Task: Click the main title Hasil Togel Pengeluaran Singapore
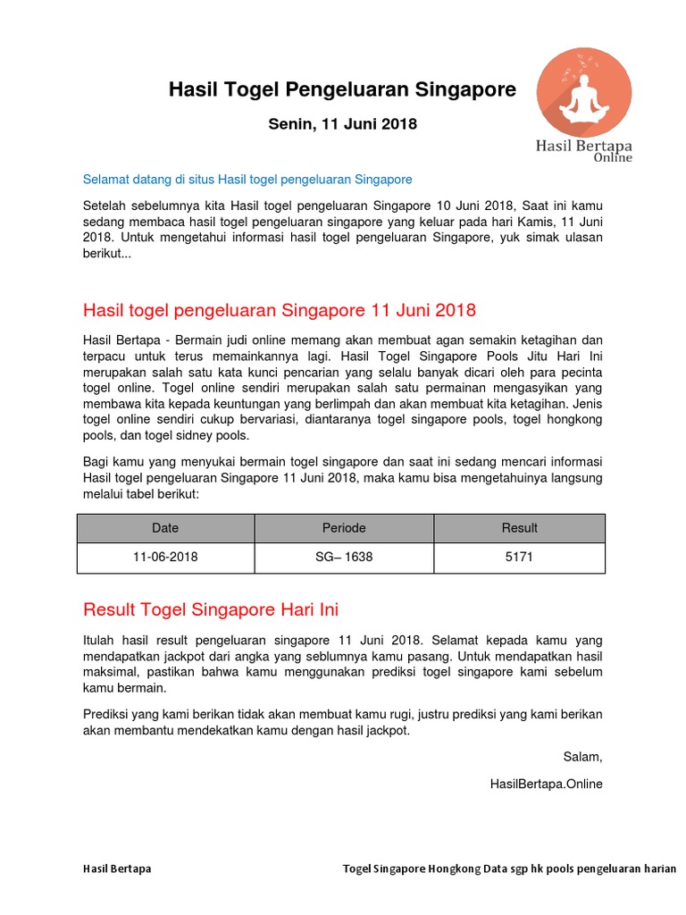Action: [342, 89]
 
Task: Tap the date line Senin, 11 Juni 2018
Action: [342, 124]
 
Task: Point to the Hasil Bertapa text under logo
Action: [583, 144]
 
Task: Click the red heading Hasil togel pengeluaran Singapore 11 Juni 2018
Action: [279, 310]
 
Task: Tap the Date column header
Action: [165, 528]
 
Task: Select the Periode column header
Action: [344, 528]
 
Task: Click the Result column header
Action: [519, 528]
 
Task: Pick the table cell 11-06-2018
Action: [165, 557]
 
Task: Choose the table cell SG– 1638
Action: [344, 557]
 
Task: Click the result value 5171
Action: [519, 557]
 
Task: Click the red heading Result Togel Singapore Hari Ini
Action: [211, 609]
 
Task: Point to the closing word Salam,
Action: [582, 757]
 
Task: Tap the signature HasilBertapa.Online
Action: [546, 784]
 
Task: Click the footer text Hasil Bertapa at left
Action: [117, 869]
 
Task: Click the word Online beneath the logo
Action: [613, 158]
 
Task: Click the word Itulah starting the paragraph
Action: [100, 641]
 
